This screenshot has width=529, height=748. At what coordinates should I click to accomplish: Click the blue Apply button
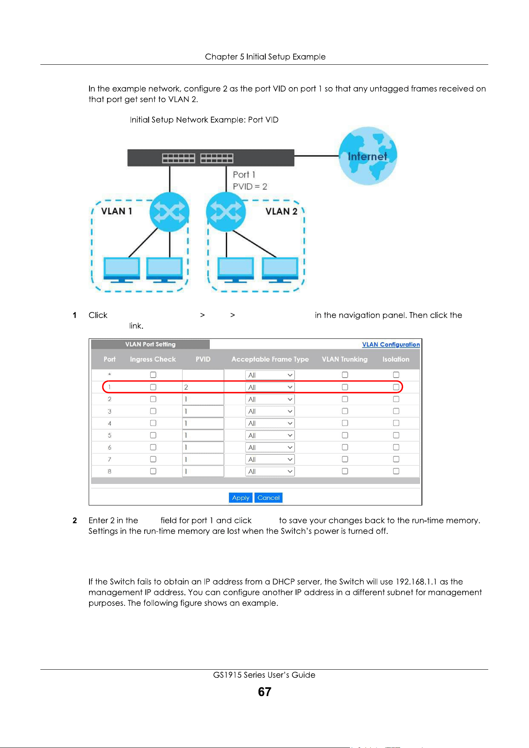pos(241,497)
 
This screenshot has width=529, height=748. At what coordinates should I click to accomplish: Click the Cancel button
pos(268,497)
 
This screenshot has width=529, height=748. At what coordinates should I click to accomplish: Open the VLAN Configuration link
pos(391,344)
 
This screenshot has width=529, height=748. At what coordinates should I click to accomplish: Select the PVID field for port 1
pos(203,387)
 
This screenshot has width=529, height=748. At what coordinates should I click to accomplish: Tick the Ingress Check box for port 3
pos(153,411)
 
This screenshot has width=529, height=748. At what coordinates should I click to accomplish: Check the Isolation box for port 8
pos(396,471)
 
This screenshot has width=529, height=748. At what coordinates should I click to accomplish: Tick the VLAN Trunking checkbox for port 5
pos(345,435)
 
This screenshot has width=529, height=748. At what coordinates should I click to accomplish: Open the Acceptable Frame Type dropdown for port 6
pos(270,448)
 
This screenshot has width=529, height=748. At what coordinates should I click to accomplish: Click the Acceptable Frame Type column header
pos(270,359)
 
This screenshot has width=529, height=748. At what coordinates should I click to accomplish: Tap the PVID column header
pos(203,359)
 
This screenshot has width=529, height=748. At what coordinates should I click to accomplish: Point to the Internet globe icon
pos(368,156)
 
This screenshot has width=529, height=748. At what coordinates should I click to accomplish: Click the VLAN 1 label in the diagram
pos(117,211)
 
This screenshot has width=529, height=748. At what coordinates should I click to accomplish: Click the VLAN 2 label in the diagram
pos(282,211)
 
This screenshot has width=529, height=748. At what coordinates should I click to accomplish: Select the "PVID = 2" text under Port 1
pos(250,187)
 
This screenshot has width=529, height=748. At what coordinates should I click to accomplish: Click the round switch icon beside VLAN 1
pos(169,212)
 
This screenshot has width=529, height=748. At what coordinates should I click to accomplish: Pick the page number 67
pos(264,692)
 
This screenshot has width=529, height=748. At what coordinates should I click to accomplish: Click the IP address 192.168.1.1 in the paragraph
pos(416,582)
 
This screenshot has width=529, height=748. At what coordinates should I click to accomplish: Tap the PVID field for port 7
pos(203,460)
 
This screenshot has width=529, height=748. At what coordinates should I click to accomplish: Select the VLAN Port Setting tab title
pos(150,344)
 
